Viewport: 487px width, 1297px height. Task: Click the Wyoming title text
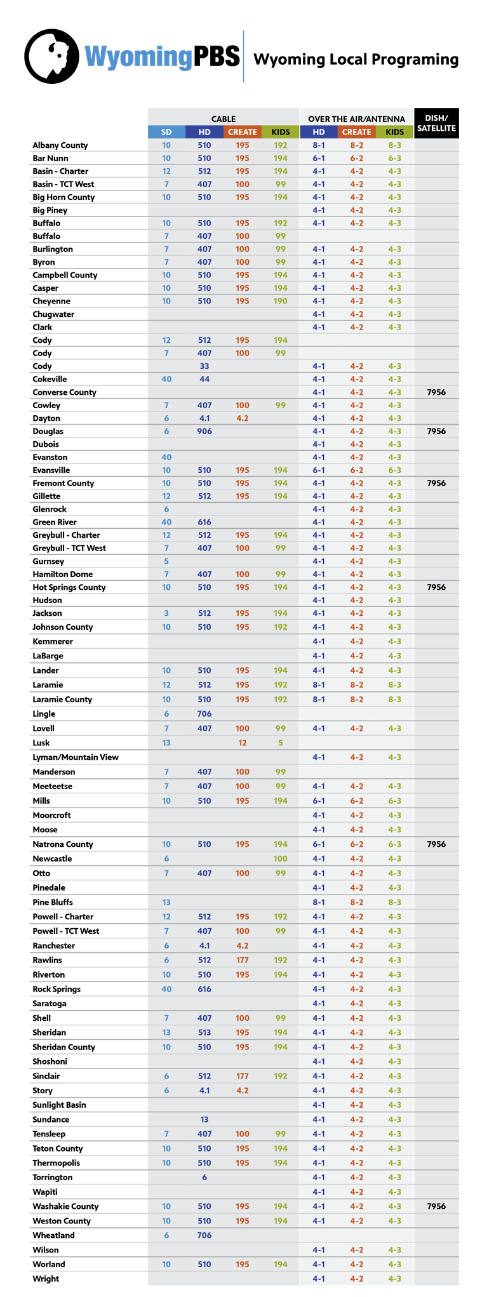(138, 57)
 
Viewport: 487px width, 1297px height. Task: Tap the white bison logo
(48, 56)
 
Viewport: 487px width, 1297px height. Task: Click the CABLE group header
(223, 119)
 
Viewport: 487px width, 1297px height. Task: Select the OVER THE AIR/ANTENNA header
(356, 119)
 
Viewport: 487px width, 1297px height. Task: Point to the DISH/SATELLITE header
(436, 123)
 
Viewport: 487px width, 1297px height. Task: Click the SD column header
(166, 132)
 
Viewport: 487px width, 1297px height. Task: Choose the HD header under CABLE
(204, 132)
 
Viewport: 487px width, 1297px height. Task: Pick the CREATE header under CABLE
(243, 132)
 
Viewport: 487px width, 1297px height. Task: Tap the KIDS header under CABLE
(281, 132)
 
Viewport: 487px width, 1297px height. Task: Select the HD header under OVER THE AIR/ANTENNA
(319, 132)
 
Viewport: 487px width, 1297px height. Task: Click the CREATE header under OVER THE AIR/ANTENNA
(357, 132)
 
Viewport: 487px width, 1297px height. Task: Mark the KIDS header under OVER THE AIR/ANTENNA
(395, 132)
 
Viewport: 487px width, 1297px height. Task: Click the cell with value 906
(204, 431)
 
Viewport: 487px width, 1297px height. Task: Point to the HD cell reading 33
(204, 366)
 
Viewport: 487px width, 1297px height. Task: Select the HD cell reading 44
(204, 379)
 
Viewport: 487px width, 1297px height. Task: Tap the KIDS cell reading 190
(281, 301)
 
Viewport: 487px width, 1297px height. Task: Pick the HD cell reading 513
(204, 1032)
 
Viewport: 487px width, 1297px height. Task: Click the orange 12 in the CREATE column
(243, 743)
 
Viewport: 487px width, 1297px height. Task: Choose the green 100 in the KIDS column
(281, 858)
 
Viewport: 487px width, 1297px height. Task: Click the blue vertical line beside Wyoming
(243, 57)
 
